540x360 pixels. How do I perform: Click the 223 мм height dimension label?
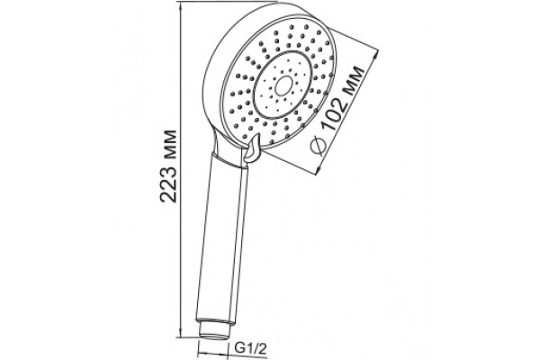pyautogui.click(x=169, y=166)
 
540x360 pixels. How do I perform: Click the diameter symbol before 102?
pyautogui.click(x=319, y=146)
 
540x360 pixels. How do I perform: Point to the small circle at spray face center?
pyautogui.click(x=283, y=85)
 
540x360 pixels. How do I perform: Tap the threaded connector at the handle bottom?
pyautogui.click(x=215, y=330)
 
